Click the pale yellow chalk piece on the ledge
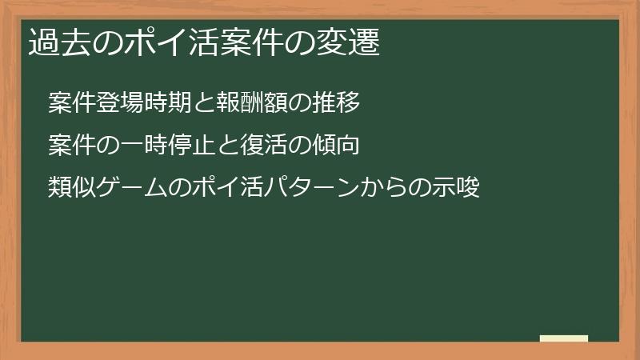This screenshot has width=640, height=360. (x=564, y=338)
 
